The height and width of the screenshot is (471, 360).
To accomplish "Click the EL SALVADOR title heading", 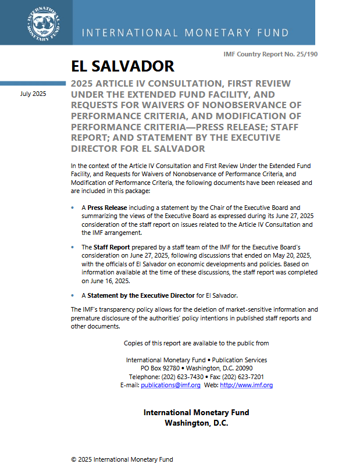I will click(x=122, y=66).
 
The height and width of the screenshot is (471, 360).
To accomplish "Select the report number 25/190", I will click(x=306, y=54).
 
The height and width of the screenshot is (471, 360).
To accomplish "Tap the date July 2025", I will click(x=33, y=94).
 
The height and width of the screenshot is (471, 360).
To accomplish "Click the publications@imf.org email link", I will click(x=171, y=385).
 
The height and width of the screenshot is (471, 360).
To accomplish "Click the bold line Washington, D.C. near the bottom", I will click(x=196, y=423).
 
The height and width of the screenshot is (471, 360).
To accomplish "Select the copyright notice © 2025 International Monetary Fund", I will click(x=122, y=459).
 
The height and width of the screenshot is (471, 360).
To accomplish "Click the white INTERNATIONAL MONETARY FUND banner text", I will click(x=185, y=33).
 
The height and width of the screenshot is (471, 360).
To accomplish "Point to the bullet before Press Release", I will click(x=72, y=208).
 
